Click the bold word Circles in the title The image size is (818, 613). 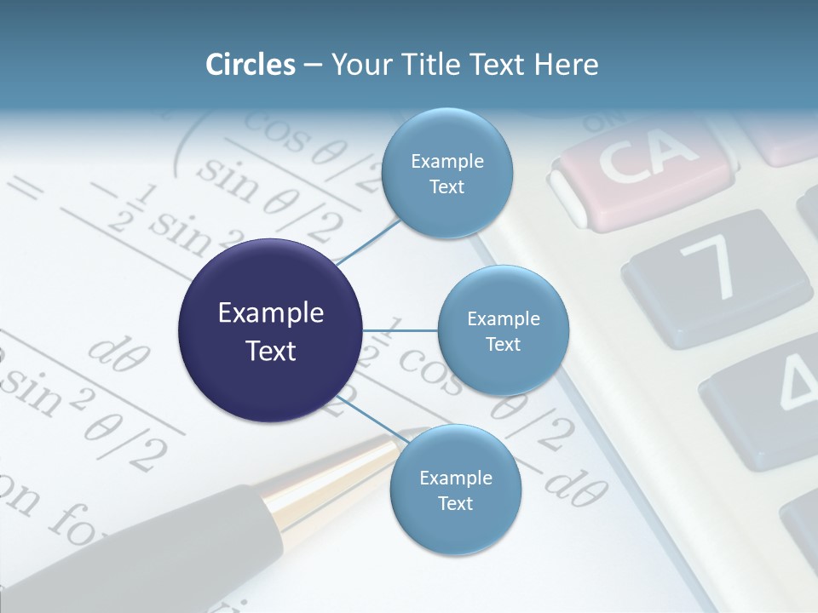click(250, 65)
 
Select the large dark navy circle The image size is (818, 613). click(271, 330)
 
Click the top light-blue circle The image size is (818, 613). click(446, 173)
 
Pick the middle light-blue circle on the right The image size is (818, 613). click(503, 330)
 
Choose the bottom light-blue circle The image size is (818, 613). click(455, 490)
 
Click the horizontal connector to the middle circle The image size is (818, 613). click(400, 330)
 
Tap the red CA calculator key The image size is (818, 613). click(643, 170)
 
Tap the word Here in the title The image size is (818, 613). click(566, 65)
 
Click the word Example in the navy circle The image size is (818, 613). click(271, 313)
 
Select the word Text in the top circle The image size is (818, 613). click(446, 186)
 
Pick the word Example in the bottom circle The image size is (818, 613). click(455, 478)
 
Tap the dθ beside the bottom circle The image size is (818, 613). click(576, 486)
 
